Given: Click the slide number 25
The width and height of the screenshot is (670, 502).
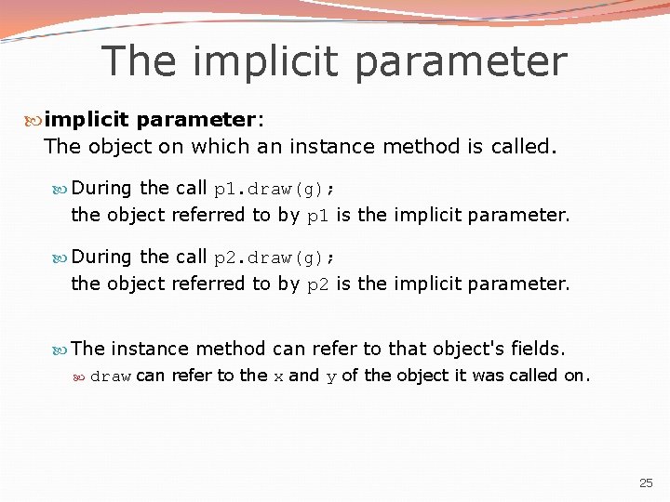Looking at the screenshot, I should pyautogui.click(x=647, y=483).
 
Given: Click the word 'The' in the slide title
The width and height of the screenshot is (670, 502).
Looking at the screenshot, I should pyautogui.click(x=137, y=62).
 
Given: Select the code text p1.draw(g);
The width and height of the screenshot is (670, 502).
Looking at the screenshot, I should pyautogui.click(x=275, y=189).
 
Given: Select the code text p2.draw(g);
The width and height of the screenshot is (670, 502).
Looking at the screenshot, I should pyautogui.click(x=275, y=258).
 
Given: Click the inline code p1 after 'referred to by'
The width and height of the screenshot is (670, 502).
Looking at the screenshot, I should pyautogui.click(x=317, y=216).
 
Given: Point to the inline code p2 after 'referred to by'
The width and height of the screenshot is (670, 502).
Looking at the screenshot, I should pyautogui.click(x=317, y=284).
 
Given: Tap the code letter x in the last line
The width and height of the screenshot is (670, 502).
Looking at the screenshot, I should pyautogui.click(x=277, y=376).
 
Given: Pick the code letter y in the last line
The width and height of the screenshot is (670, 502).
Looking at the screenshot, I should pyautogui.click(x=330, y=376).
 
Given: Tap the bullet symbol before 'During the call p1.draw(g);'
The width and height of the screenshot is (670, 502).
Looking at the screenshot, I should pyautogui.click(x=60, y=189).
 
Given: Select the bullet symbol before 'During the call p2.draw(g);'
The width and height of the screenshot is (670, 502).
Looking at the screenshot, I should pyautogui.click(x=60, y=258).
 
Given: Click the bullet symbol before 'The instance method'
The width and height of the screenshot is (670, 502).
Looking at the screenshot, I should pyautogui.click(x=60, y=350).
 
